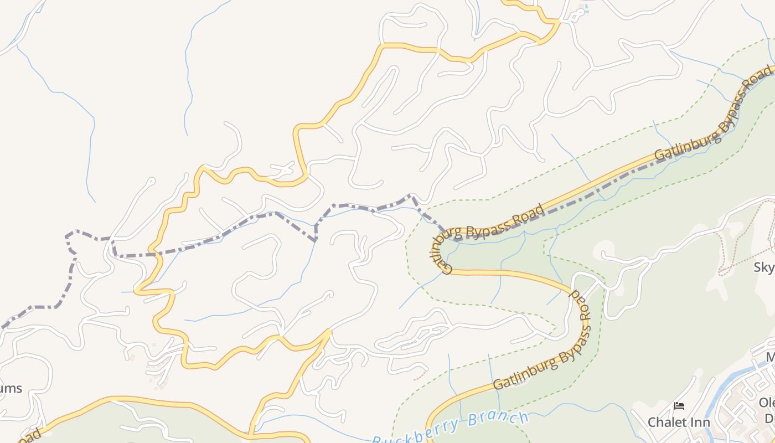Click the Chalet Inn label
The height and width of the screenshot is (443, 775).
pos(679,422)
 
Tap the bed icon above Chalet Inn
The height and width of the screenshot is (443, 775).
pos(679,406)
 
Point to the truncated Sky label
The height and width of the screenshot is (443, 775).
pos(764,267)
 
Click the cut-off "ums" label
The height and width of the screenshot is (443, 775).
pos(11,388)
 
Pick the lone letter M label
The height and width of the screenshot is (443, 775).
pos(770,357)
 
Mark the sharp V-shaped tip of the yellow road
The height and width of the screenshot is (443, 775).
pos(330,331)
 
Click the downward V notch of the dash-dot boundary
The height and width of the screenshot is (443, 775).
pos(315,240)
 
